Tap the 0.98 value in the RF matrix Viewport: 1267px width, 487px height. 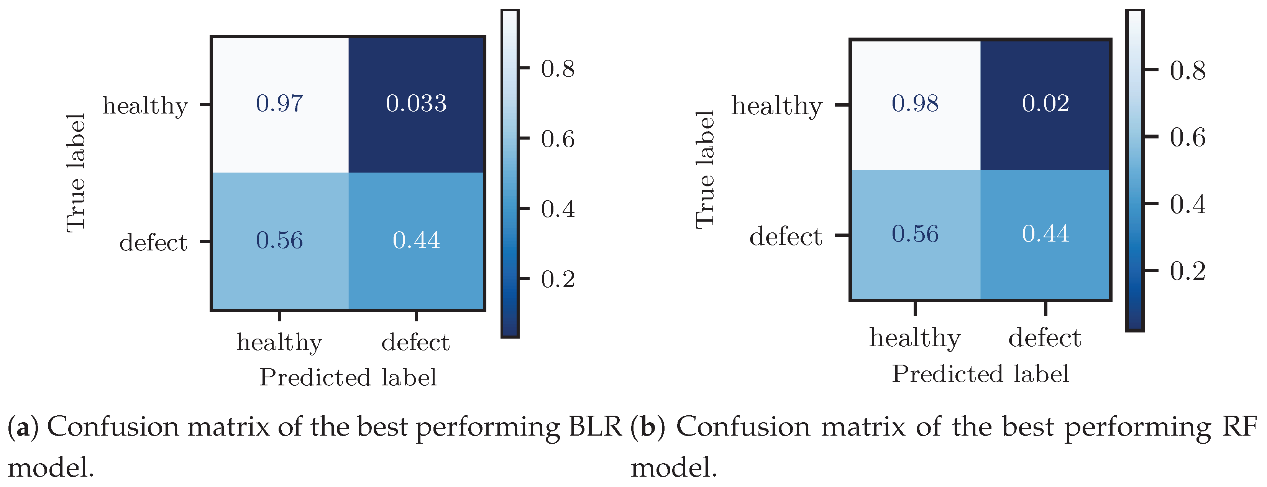coord(915,103)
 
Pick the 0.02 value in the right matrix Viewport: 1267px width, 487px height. coord(1045,103)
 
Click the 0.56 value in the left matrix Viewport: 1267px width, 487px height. coord(279,240)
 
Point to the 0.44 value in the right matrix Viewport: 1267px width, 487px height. coord(1045,234)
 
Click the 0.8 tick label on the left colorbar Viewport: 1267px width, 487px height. coord(558,69)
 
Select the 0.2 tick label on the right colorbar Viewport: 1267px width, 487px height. coord(1187,271)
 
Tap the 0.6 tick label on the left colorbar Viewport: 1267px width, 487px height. coord(558,139)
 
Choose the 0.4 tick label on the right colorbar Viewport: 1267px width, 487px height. coord(1187,204)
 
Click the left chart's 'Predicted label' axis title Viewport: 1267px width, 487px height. coord(348,377)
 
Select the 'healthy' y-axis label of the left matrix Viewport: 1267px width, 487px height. coord(145,106)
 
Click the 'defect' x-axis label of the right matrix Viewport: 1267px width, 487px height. coord(1045,338)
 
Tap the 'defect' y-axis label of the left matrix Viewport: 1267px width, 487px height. coord(153,242)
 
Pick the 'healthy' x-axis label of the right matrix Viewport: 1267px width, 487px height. coord(915,338)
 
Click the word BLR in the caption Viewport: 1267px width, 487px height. coord(595,426)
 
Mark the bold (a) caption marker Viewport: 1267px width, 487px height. coord(23,427)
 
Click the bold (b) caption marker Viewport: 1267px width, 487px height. coord(647,427)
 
